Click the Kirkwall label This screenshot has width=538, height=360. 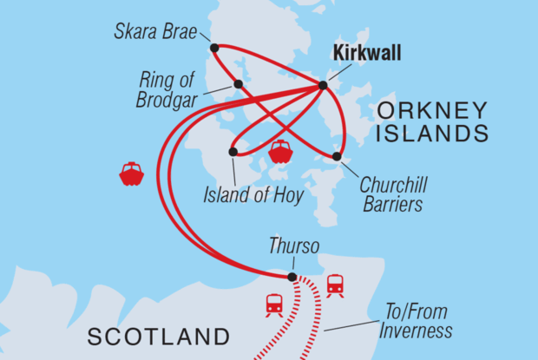[x=367, y=55]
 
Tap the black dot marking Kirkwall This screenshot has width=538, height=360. [x=323, y=85]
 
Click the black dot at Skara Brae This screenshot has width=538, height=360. [x=213, y=47]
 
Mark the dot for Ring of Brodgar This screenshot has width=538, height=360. [x=238, y=84]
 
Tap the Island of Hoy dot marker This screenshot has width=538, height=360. [x=233, y=152]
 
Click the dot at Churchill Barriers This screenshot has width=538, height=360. [x=337, y=157]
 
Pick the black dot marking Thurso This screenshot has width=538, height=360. [x=292, y=278]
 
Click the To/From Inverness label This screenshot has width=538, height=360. [x=417, y=322]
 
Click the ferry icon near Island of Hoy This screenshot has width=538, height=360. [x=280, y=152]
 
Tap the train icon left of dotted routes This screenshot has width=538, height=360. [x=274, y=304]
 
